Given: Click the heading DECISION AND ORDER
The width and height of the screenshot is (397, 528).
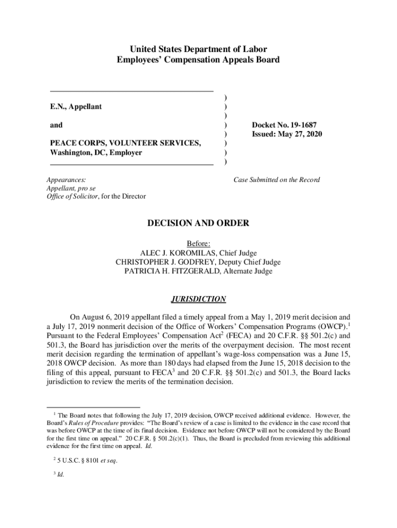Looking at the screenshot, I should (x=198, y=223).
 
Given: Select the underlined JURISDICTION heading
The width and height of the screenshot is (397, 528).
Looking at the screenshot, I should (x=198, y=299).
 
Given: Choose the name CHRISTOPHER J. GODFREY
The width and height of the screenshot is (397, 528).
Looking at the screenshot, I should (x=163, y=262).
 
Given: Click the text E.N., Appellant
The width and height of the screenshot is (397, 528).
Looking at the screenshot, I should (x=76, y=107).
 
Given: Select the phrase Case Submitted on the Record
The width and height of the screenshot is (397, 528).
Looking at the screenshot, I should (x=276, y=180).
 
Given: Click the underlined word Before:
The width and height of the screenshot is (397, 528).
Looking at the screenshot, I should (x=198, y=243).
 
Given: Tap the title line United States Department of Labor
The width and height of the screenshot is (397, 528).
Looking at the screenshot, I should (x=198, y=49).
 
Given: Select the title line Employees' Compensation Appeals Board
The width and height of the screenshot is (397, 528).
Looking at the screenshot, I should (x=198, y=60).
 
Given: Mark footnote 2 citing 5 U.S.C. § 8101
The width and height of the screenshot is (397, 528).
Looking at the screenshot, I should (x=85, y=460).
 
